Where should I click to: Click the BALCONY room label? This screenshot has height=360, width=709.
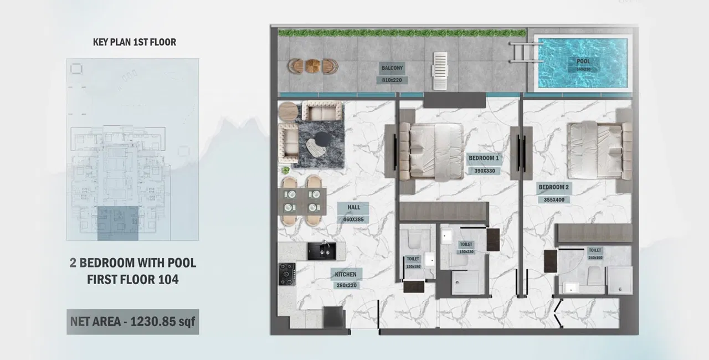coord(392,68)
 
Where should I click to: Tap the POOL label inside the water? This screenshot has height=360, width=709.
coord(583,61)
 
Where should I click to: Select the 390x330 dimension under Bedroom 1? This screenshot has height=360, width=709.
coord(484,171)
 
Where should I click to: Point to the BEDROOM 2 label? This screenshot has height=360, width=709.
coord(553,187)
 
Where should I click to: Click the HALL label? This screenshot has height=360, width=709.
coord(353,208)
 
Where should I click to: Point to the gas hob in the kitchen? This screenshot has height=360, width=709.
coord(286,274)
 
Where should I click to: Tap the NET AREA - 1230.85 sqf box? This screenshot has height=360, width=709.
coord(132,322)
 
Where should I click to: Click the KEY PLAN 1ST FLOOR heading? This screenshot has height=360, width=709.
coord(135,42)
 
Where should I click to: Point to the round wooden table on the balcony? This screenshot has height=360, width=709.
coord(312,66)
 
